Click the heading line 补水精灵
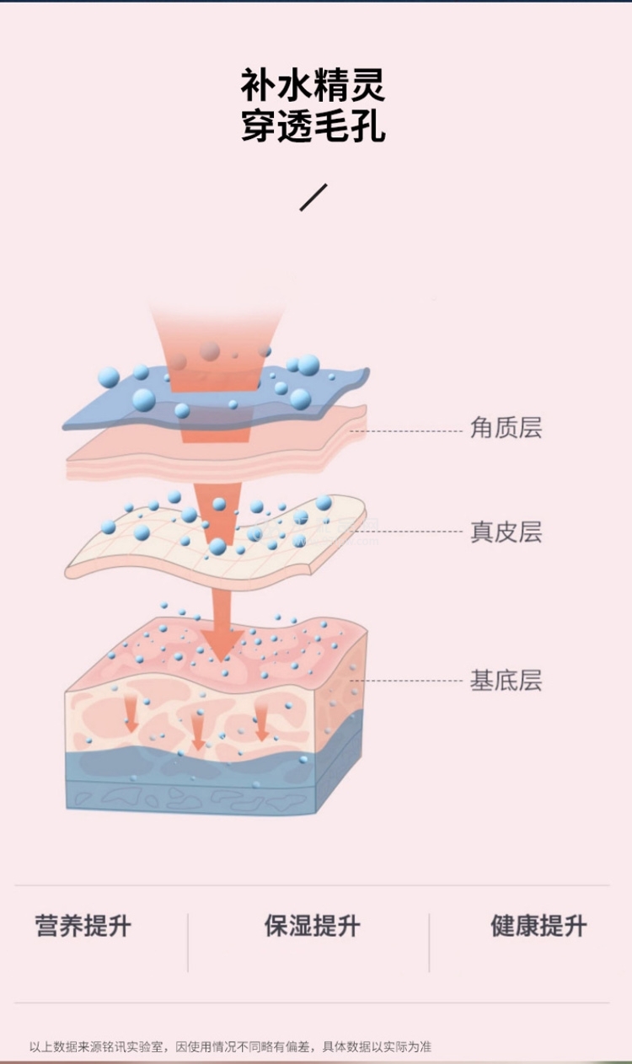[313, 84]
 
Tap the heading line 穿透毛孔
[313, 126]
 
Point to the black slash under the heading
[313, 197]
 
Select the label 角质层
[506, 427]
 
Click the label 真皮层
[506, 532]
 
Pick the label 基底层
[506, 680]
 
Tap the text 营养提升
[83, 925]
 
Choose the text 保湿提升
[312, 925]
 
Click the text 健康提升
[538, 925]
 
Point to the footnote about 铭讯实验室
[230, 1046]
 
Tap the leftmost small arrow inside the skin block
[131, 716]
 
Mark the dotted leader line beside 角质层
[406, 431]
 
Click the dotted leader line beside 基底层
[406, 681]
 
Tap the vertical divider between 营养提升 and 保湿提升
[188, 943]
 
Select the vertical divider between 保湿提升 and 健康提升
[429, 943]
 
